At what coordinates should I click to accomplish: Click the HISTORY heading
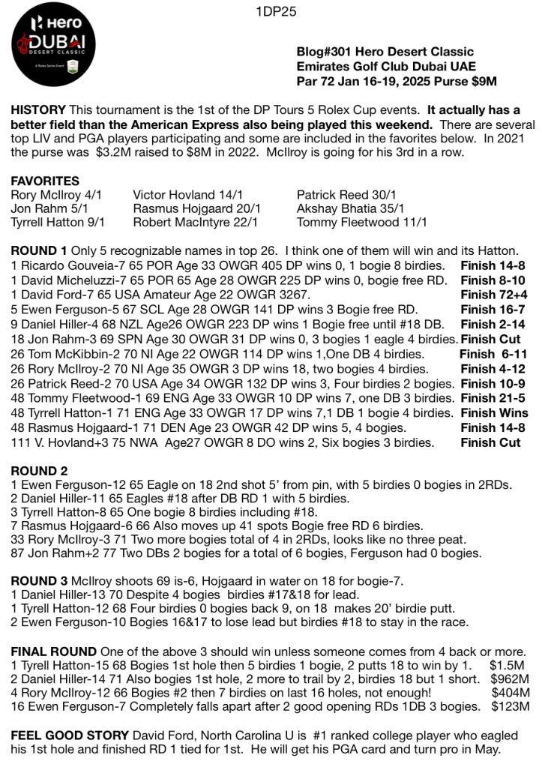pyautogui.click(x=38, y=110)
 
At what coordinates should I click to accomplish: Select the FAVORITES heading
pyautogui.click(x=45, y=181)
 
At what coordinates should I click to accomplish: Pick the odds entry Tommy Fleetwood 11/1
pyautogui.click(x=362, y=223)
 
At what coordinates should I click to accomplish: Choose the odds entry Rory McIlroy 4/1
pyautogui.click(x=57, y=195)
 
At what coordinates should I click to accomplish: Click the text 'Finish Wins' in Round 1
pyautogui.click(x=494, y=413)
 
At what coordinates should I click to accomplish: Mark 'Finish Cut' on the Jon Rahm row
pyautogui.click(x=490, y=340)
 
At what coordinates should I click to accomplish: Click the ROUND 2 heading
pyautogui.click(x=39, y=471)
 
